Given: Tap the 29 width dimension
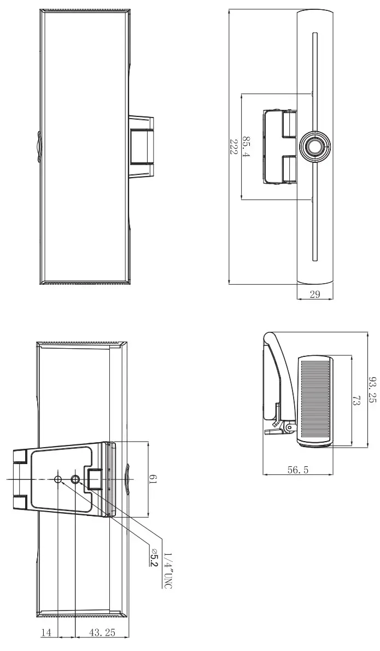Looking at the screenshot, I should pyautogui.click(x=314, y=295).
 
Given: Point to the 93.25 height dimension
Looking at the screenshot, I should pyautogui.click(x=372, y=389).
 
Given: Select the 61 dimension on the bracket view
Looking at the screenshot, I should pyautogui.click(x=154, y=479).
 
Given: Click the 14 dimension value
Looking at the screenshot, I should pyautogui.click(x=46, y=632).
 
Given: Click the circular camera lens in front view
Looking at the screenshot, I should pyautogui.click(x=314, y=146).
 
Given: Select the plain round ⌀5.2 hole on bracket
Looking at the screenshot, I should pyautogui.click(x=58, y=479).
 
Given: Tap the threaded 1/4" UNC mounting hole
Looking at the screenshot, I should pyautogui.click(x=75, y=479).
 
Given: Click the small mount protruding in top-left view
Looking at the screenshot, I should pyautogui.click(x=142, y=146).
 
